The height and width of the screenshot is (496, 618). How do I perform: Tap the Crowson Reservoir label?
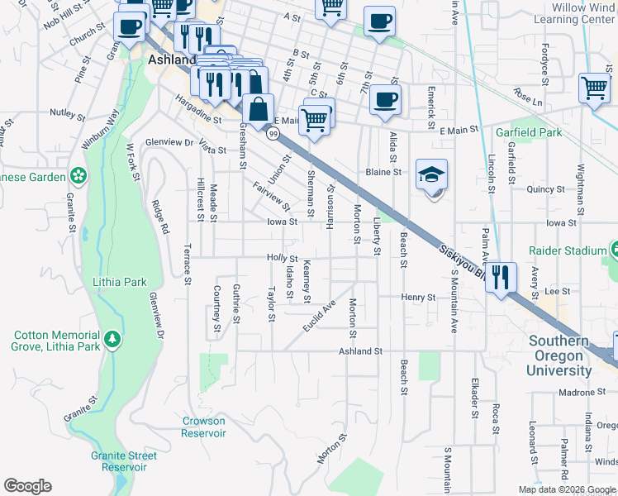(203, 427)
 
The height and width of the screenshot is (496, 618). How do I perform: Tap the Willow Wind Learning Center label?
(575, 12)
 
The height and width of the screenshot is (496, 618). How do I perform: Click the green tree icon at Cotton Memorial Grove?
(112, 340)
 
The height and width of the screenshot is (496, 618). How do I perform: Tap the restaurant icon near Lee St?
(501, 277)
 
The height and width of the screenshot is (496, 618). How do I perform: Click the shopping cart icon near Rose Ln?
(595, 88)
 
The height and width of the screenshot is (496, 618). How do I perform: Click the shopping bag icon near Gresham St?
(259, 109)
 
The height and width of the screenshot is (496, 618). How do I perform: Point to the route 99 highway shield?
(272, 132)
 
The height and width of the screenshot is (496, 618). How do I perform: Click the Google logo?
(27, 486)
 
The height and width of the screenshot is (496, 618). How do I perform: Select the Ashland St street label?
(361, 351)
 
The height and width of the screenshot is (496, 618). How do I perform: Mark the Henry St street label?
(418, 297)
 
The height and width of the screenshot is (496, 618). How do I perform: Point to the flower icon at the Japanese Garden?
(78, 176)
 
